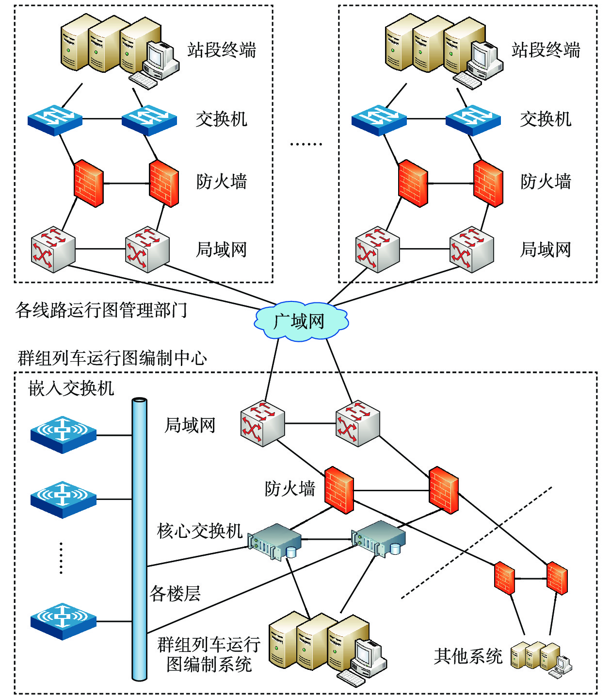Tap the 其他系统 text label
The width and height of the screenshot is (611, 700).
click(x=468, y=656)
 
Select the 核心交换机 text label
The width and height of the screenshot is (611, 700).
click(x=199, y=531)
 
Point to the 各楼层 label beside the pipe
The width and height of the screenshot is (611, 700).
click(x=175, y=593)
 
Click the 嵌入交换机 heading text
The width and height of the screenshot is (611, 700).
click(x=71, y=388)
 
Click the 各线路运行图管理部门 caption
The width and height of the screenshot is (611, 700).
click(x=101, y=310)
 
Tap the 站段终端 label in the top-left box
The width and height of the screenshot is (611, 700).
click(x=222, y=50)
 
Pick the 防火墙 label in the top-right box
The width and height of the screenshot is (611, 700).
click(x=546, y=182)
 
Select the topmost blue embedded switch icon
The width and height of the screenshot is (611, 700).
click(x=63, y=434)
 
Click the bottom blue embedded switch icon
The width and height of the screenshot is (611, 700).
click(x=63, y=621)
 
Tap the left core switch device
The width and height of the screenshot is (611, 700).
click(x=274, y=541)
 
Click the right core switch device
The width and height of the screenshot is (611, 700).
click(x=379, y=538)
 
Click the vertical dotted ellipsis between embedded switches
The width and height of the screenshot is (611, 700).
click(x=61, y=558)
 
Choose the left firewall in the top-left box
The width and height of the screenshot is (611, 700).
click(x=89, y=183)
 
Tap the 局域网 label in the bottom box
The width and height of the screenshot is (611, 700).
click(x=190, y=425)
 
